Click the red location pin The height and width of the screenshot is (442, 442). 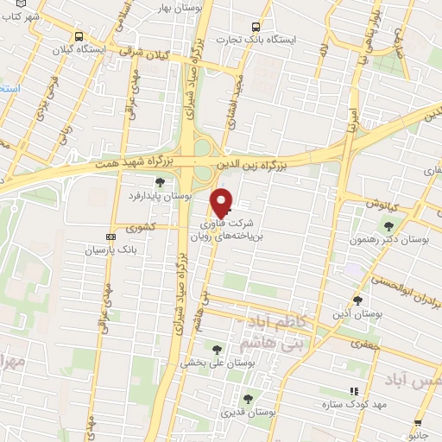[x=222, y=202]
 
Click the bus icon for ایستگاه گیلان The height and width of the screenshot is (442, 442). [x=79, y=36]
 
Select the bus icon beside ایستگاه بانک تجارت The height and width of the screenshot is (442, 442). [x=254, y=27]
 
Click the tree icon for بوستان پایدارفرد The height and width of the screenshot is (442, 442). [x=160, y=181]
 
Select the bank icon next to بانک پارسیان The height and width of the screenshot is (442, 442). [x=110, y=237]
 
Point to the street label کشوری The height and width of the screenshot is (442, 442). [x=140, y=229]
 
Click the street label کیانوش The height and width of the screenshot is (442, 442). [x=378, y=205]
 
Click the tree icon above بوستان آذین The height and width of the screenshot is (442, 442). [x=357, y=300]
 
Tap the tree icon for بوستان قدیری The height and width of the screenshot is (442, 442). [x=249, y=398]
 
